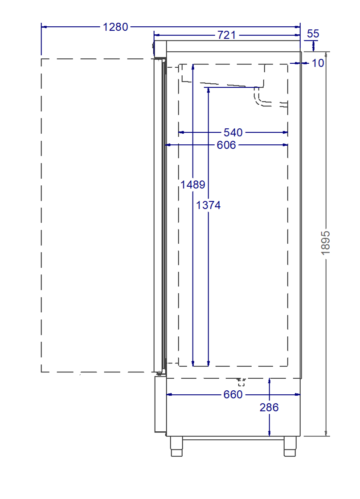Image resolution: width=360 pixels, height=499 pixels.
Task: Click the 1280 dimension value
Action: tap(115, 27)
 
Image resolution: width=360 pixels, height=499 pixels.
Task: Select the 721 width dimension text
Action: tap(226, 35)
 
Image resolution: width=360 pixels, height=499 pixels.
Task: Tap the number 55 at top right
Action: tap(313, 34)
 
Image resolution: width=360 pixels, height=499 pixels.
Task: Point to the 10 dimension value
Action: tap(318, 63)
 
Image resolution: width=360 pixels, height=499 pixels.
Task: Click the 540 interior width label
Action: tap(233, 132)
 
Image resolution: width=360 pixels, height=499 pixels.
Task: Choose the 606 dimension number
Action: tap(226, 145)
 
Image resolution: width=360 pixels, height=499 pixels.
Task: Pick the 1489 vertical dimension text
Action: tap(192, 184)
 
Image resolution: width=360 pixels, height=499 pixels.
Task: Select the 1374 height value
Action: tap(208, 205)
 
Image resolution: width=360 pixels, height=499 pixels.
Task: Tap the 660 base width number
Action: tap(233, 395)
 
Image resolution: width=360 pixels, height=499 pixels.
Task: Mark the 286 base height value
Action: tap(269, 407)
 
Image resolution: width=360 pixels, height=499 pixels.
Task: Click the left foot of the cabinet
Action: tap(177, 446)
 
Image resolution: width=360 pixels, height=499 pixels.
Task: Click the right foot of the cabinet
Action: tap(290, 446)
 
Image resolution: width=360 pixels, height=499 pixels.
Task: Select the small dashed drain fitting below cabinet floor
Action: tap(241, 382)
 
